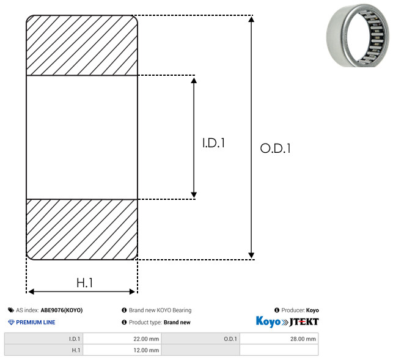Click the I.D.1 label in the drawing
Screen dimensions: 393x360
tap(213, 143)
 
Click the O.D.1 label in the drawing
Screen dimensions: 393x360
tap(275, 148)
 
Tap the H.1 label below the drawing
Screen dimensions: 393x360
tap(84, 283)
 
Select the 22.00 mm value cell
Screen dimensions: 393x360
tap(122, 339)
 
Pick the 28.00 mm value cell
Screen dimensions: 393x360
tap(279, 339)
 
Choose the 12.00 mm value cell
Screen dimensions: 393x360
tap(122, 350)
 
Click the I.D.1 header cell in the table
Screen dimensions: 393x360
tap(43, 339)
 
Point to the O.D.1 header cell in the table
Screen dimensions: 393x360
tap(200, 339)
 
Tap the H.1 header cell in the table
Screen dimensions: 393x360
tap(43, 350)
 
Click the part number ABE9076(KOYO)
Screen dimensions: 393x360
tap(62, 310)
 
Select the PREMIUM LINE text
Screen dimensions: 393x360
tap(35, 322)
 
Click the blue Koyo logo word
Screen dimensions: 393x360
tap(268, 321)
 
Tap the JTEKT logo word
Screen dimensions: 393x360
tap(304, 322)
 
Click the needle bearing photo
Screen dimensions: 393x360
tap(358, 35)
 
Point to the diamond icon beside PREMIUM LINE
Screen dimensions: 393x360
tap(11, 322)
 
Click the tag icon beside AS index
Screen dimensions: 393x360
tap(11, 310)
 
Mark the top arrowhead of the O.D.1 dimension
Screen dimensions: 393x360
tap(251, 19)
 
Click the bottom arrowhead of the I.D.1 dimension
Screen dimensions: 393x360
tap(194, 195)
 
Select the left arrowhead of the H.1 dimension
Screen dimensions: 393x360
tap(31, 292)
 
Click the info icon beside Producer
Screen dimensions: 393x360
tap(277, 310)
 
